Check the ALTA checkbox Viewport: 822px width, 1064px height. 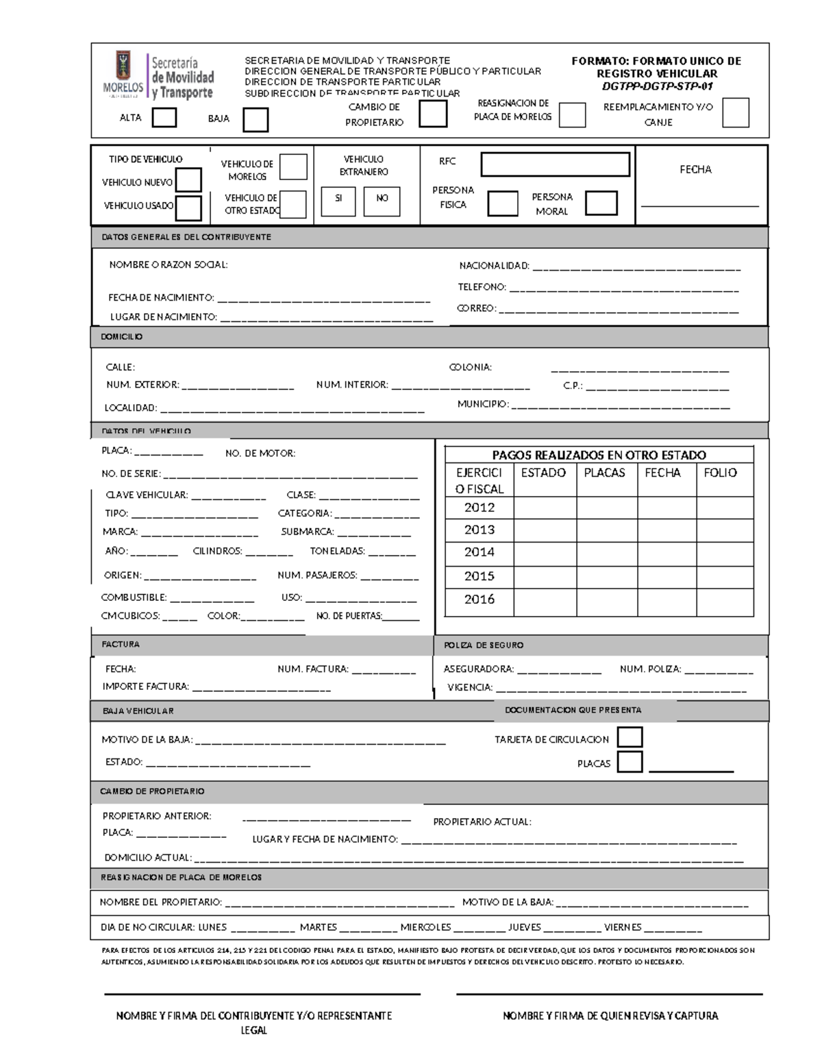tap(164, 118)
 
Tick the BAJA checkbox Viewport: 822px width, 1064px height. tap(256, 120)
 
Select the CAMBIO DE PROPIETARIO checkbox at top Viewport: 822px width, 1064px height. tap(433, 114)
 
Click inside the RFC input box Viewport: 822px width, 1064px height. tap(555, 164)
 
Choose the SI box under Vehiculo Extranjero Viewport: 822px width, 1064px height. tap(338, 198)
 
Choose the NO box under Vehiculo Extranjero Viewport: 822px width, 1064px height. tap(382, 198)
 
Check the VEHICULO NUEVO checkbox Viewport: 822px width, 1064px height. tap(188, 180)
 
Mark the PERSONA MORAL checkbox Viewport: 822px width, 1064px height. tap(601, 203)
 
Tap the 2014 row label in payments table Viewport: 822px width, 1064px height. tap(479, 552)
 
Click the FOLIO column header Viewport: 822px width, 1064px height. tap(720, 473)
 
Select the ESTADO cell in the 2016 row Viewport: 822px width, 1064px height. tap(545, 600)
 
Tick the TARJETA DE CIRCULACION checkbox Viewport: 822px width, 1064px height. tap(630, 737)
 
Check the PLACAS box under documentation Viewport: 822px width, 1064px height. tap(630, 762)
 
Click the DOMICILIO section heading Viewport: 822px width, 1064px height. tap(122, 337)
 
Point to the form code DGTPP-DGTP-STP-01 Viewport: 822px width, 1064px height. tap(658, 86)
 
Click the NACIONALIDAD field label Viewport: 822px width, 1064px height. tap(494, 266)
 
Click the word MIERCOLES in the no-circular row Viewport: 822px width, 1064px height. tap(425, 927)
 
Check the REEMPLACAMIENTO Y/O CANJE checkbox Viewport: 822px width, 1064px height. tap(736, 113)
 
